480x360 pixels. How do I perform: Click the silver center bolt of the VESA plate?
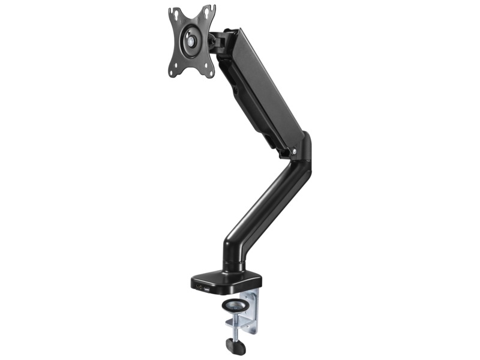pyautogui.click(x=191, y=43)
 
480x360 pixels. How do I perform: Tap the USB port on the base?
pyautogui.click(x=207, y=290)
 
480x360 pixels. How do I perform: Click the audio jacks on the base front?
pyautogui.click(x=198, y=287)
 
